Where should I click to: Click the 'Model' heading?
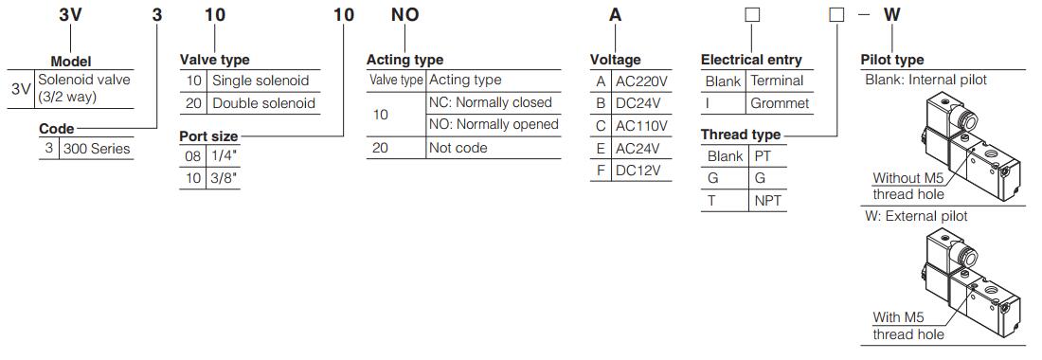(70, 61)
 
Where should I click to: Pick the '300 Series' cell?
(95, 148)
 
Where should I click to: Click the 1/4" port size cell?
(223, 156)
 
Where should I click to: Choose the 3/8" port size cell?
(223, 178)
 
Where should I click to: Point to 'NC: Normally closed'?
(490, 102)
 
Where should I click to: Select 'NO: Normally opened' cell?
(494, 124)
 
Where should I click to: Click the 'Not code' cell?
(458, 148)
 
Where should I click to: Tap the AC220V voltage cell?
(641, 81)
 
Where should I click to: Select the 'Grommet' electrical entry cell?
(779, 103)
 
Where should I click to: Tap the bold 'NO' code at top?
(404, 15)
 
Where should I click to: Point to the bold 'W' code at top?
(891, 15)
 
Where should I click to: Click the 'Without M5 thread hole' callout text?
(907, 186)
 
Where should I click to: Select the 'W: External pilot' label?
(916, 216)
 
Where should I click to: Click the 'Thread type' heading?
(741, 135)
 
